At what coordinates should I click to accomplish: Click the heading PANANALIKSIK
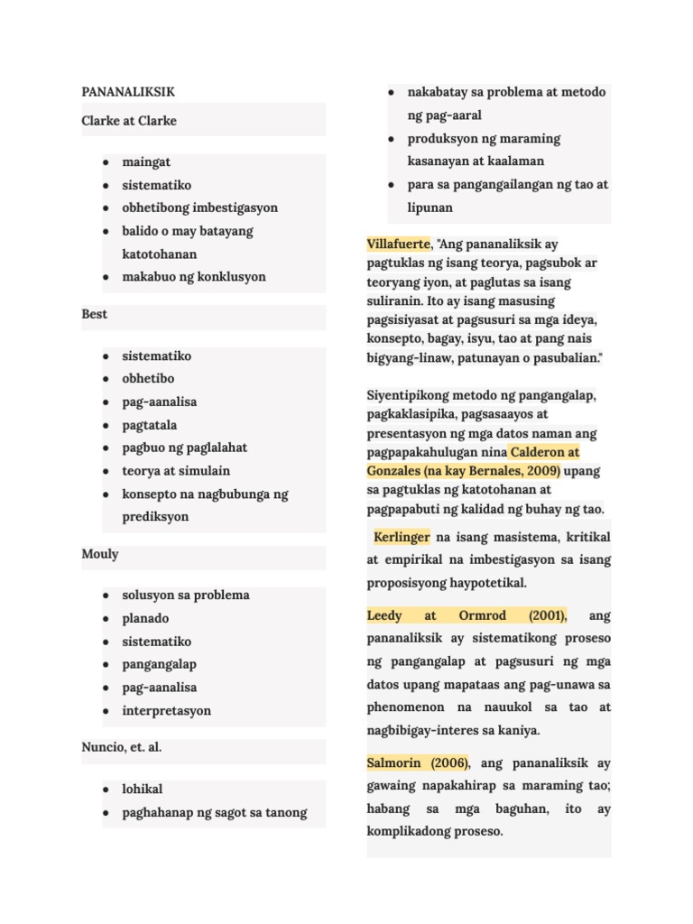click(128, 92)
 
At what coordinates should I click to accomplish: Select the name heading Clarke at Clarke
click(129, 121)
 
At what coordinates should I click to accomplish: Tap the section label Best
click(94, 314)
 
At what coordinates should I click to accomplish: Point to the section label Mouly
click(99, 554)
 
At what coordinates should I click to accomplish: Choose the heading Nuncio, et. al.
click(122, 747)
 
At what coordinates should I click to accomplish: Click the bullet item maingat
click(145, 162)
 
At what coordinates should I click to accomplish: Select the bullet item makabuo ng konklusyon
click(194, 277)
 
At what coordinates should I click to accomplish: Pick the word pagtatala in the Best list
click(150, 425)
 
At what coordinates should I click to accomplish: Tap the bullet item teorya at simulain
click(176, 471)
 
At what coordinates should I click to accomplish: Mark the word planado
click(146, 619)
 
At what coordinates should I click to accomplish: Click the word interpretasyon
click(167, 711)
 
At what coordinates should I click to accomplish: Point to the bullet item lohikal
click(143, 790)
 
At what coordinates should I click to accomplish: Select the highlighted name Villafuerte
click(399, 245)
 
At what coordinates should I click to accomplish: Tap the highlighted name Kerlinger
click(402, 538)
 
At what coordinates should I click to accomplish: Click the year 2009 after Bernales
click(543, 471)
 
